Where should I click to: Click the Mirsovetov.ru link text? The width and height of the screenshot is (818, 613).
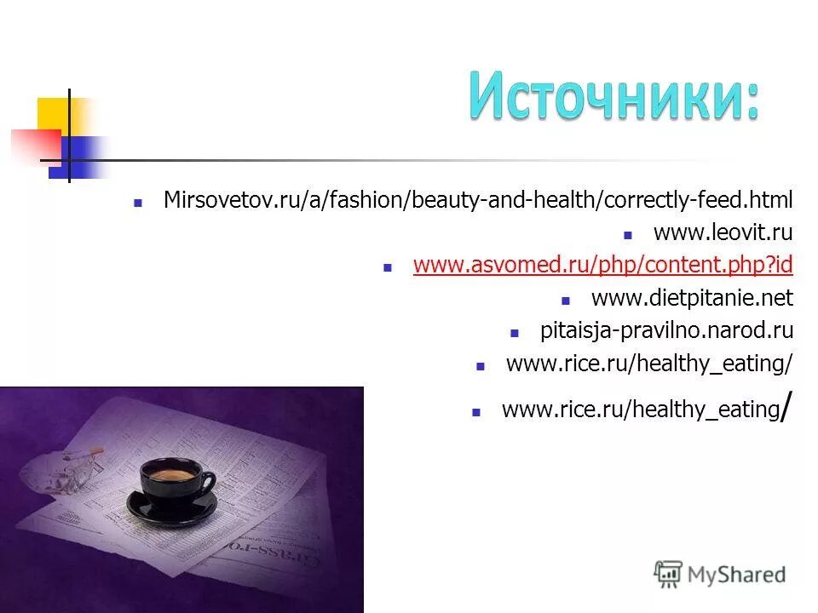click(477, 200)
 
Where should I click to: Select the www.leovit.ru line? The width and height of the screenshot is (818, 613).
click(723, 232)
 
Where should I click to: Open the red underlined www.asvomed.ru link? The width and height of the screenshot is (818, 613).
click(602, 266)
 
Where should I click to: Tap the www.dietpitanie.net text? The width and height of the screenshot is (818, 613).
click(691, 298)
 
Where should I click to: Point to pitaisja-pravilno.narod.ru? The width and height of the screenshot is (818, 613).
click(666, 330)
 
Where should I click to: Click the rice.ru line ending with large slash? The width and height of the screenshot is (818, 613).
click(641, 410)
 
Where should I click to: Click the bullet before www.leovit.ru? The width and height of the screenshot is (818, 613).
click(627, 234)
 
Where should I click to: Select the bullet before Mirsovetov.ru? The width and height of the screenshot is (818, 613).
click(137, 203)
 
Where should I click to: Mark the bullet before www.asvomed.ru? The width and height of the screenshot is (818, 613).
click(387, 267)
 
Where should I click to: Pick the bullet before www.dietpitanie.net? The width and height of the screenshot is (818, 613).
click(565, 300)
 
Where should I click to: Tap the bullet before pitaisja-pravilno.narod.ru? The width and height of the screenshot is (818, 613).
click(514, 332)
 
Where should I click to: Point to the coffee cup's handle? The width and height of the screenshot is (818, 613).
click(207, 483)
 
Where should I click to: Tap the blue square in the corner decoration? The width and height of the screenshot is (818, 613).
click(77, 158)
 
